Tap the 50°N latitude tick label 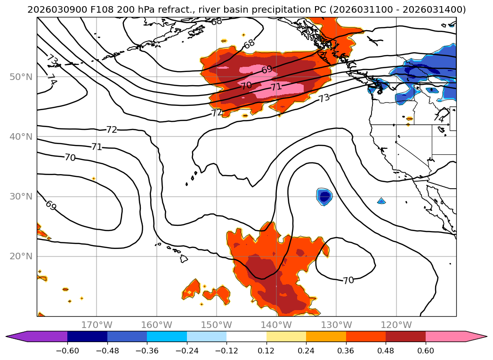click(x=21, y=77)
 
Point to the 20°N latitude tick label click(x=21, y=256)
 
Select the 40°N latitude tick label click(x=21, y=137)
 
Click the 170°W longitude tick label click(x=97, y=325)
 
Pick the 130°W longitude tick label click(x=336, y=325)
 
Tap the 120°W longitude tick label click(x=396, y=325)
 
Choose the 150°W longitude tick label click(x=217, y=325)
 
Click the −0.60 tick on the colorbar click(x=67, y=350)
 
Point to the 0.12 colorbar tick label click(x=267, y=350)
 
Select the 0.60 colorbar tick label click(x=426, y=350)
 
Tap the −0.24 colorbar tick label click(x=186, y=350)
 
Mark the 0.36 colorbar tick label click(x=346, y=350)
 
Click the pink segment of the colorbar click(x=445, y=336)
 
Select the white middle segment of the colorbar click(x=246, y=336)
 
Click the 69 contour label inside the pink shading click(x=267, y=70)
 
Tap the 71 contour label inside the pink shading click(x=276, y=87)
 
